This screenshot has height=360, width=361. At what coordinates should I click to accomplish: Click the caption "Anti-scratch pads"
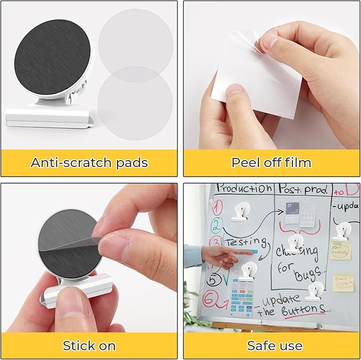point(89,163)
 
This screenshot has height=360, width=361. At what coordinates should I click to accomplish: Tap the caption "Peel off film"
point(271,163)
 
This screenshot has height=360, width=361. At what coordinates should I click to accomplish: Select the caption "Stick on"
point(89,346)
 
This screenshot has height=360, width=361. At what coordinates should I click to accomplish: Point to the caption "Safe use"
point(271,346)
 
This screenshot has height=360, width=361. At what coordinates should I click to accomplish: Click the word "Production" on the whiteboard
point(244,189)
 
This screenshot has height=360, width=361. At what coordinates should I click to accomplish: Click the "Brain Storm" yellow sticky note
point(343,282)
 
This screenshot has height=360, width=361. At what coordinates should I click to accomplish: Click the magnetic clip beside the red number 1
point(239,212)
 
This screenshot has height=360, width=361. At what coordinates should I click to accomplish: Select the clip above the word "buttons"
point(314,291)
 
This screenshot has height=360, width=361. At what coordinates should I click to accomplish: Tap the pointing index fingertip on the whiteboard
point(249,253)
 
